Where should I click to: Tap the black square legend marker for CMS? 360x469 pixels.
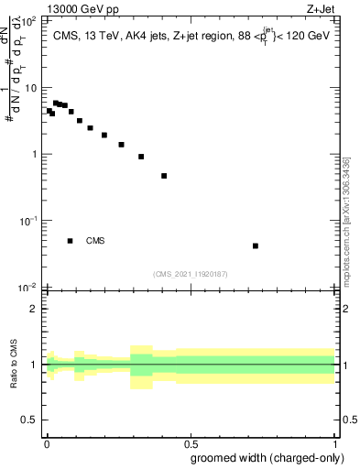(x=70, y=241)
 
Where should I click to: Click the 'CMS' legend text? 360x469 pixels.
(x=95, y=241)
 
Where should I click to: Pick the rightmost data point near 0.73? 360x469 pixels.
(x=256, y=245)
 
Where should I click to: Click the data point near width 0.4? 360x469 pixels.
(x=164, y=176)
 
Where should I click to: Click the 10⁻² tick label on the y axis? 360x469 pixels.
(x=27, y=288)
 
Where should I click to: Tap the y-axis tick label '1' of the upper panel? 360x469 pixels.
(x=33, y=154)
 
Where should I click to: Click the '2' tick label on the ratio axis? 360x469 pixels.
(x=33, y=309)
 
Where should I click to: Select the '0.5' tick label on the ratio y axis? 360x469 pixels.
(x=28, y=420)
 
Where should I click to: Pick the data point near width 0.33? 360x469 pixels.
(x=141, y=157)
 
